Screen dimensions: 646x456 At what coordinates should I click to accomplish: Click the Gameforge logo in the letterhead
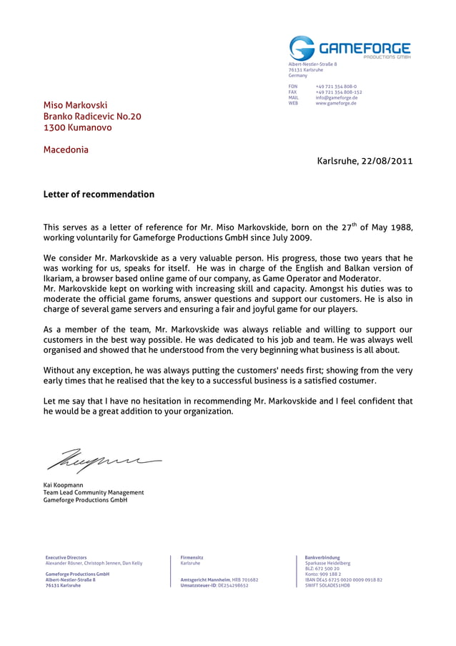pyautogui.click(x=350, y=49)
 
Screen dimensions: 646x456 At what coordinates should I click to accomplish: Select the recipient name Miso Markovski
pyautogui.click(x=75, y=105)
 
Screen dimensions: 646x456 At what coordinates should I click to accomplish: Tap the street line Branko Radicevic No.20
pyautogui.click(x=92, y=117)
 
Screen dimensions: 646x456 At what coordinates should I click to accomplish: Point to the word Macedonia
pyautogui.click(x=66, y=150)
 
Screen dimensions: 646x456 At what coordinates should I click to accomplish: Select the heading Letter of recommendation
pyautogui.click(x=99, y=194)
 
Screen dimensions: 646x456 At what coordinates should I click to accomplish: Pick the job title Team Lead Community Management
pyautogui.click(x=94, y=492)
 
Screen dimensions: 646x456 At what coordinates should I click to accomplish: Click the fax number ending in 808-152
pyautogui.click(x=339, y=92)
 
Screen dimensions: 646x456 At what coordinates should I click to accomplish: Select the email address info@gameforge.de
pyautogui.click(x=336, y=98)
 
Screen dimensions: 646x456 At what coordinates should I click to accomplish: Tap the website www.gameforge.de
pyautogui.click(x=336, y=104)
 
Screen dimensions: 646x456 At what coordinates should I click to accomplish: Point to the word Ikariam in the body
pyautogui.click(x=59, y=278)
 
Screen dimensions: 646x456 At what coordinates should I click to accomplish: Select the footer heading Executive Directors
pyautogui.click(x=66, y=557)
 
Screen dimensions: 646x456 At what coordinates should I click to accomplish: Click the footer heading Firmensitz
pyautogui.click(x=192, y=557)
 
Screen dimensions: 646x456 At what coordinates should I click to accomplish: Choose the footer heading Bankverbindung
pyautogui.click(x=322, y=557)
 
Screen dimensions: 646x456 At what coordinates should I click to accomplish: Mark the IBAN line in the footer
pyautogui.click(x=343, y=579)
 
